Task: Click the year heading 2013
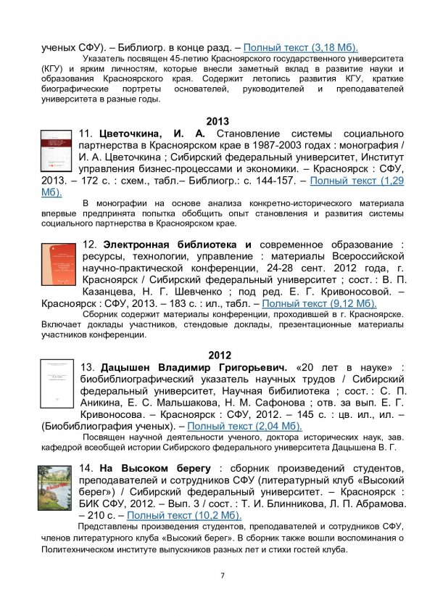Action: [217, 121]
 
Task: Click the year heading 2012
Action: [217, 356]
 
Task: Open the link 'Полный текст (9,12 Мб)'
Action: [319, 304]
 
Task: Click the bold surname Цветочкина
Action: [133, 134]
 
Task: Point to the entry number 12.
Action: [91, 243]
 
